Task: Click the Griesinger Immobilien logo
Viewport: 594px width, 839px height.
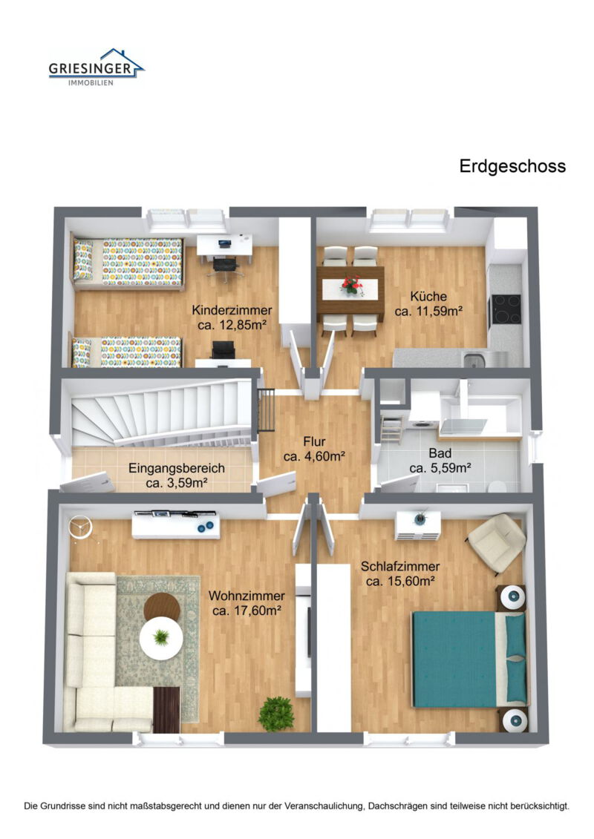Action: pyautogui.click(x=96, y=68)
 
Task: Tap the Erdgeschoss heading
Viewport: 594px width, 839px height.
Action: pyautogui.click(x=512, y=166)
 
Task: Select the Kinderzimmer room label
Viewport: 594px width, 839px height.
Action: pyautogui.click(x=232, y=310)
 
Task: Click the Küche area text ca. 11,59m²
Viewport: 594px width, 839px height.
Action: pyautogui.click(x=429, y=312)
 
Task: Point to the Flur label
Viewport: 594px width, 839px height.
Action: pyautogui.click(x=314, y=442)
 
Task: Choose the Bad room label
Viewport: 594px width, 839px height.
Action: pyautogui.click(x=441, y=453)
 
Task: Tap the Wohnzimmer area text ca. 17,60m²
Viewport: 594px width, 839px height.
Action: pyautogui.click(x=247, y=611)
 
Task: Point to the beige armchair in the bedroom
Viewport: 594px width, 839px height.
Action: pyautogui.click(x=497, y=542)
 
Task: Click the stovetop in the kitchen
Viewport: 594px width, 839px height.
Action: pyautogui.click(x=505, y=309)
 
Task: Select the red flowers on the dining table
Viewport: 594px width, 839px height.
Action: pyautogui.click(x=350, y=283)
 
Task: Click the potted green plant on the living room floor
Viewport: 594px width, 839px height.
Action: pyautogui.click(x=276, y=714)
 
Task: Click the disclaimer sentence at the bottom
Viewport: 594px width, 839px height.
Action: pyautogui.click(x=297, y=805)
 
